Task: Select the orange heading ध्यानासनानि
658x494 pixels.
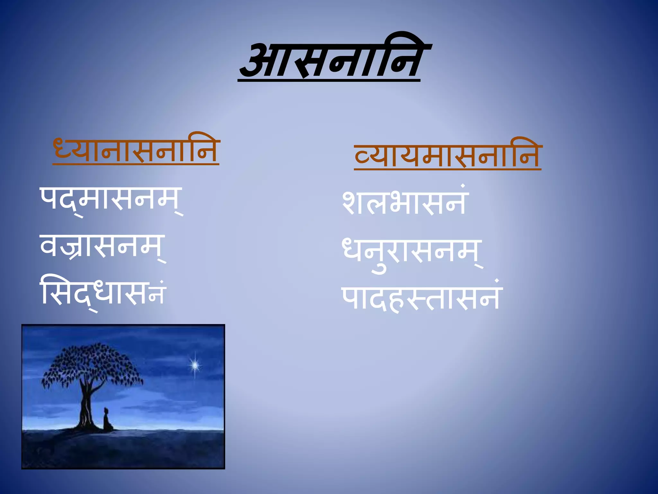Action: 136,150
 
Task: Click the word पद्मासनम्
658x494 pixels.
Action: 111,199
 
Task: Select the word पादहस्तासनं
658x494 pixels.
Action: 421,297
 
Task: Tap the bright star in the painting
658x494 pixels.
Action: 195,365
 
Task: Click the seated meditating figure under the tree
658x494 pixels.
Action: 107,420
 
